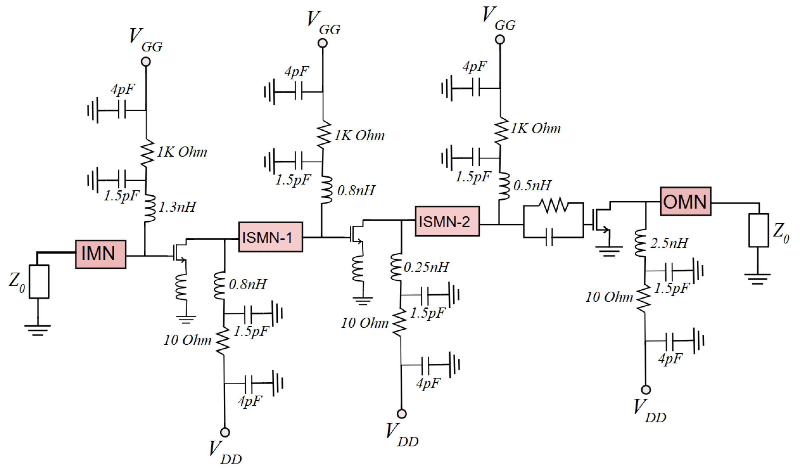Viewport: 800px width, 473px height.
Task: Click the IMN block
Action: [x=101, y=254]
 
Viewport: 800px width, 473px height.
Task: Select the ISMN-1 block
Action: [x=270, y=237]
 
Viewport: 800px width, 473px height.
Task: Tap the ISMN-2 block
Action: [x=447, y=222]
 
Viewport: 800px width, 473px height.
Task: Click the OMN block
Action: [x=685, y=201]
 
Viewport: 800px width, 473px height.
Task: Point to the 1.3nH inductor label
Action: [x=177, y=207]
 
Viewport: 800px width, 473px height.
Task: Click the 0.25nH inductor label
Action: [x=427, y=267]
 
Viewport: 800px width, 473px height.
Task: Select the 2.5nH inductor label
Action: [x=669, y=243]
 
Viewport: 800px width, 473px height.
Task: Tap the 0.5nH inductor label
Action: [x=532, y=186]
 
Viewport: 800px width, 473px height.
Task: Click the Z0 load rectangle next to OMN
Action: [x=759, y=230]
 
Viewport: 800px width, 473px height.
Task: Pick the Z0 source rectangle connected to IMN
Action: [x=39, y=282]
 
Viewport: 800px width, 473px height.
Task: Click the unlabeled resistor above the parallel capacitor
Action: [x=555, y=206]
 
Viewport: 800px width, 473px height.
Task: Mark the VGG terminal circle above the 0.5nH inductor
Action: [x=500, y=39]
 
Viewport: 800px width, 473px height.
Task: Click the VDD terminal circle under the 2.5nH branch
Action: [x=646, y=389]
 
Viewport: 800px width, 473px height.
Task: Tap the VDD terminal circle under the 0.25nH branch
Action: [x=402, y=414]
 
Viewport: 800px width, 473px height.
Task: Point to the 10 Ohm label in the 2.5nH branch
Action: [x=609, y=297]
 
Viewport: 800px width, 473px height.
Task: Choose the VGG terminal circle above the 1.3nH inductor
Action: [x=146, y=61]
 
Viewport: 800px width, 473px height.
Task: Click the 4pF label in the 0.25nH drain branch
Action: [x=429, y=383]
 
